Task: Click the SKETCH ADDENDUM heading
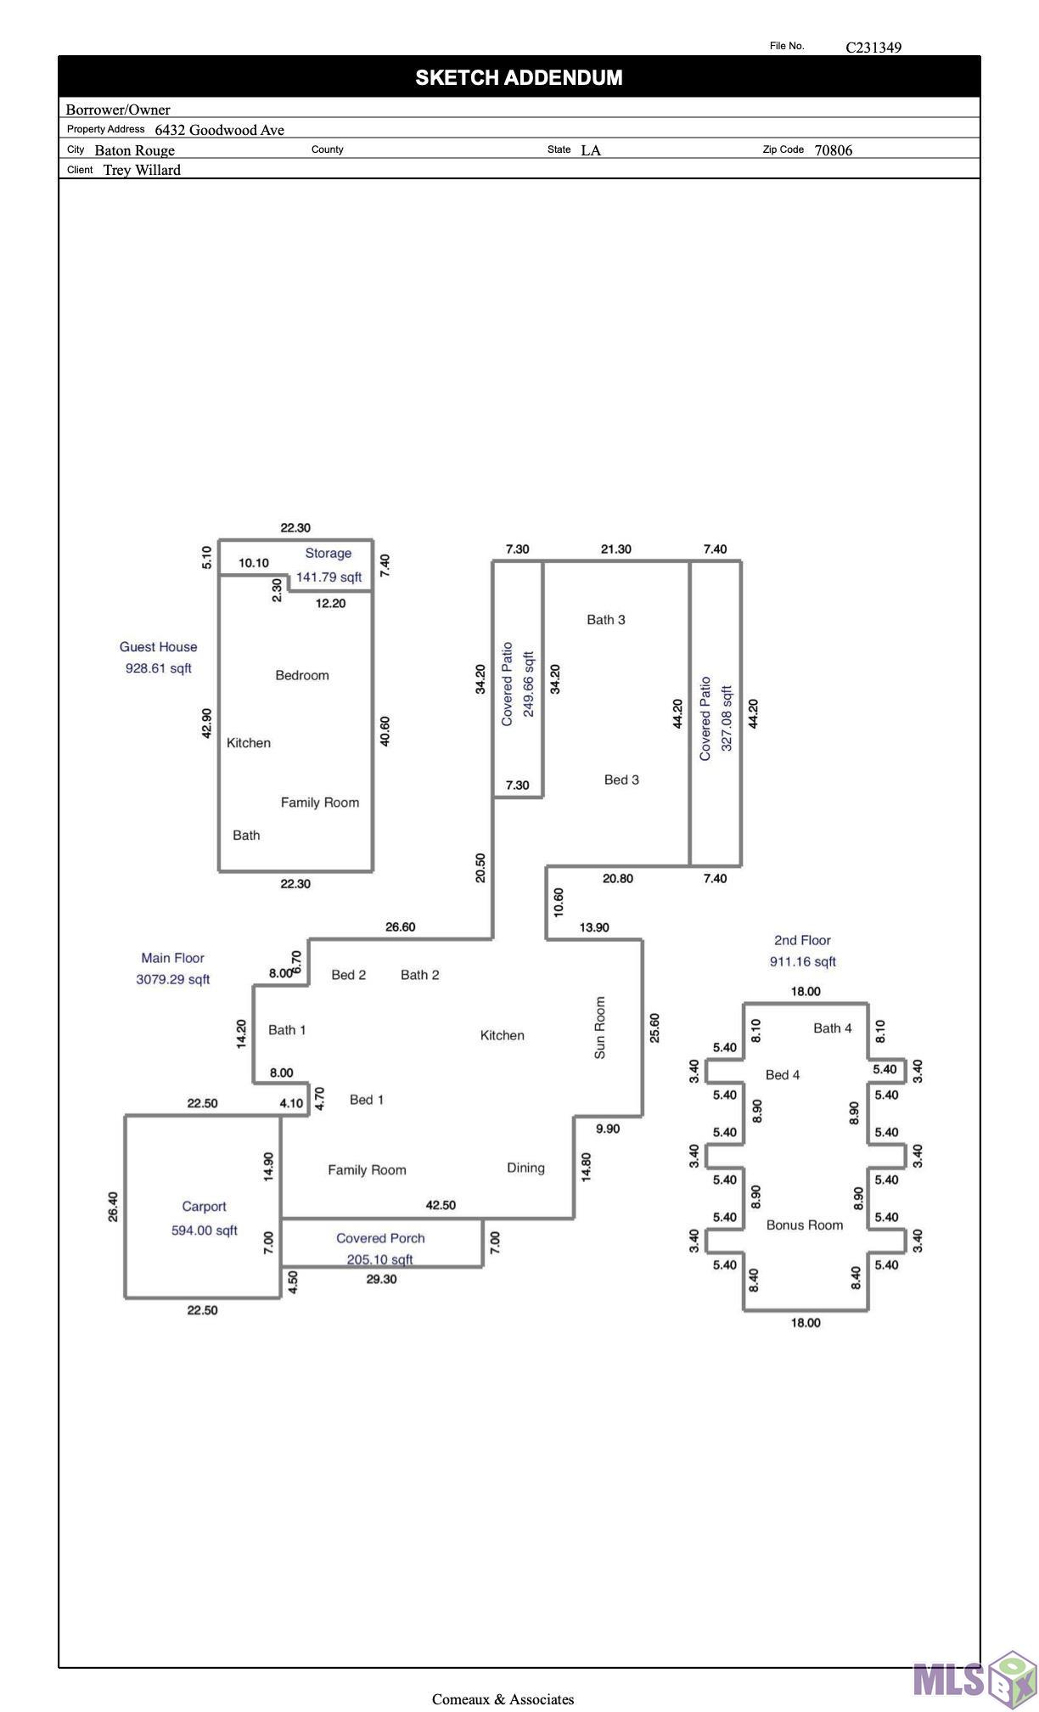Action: click(x=519, y=78)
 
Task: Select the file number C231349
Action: click(x=873, y=48)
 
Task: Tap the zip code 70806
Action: click(x=834, y=150)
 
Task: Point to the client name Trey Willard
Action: click(x=142, y=170)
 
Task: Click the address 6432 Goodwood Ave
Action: click(x=219, y=130)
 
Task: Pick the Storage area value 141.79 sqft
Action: click(x=329, y=577)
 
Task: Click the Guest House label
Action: click(x=158, y=647)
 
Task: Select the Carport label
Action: click(x=204, y=1207)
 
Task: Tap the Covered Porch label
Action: click(x=380, y=1238)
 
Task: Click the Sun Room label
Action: click(x=600, y=1028)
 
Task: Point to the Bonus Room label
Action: click(x=805, y=1225)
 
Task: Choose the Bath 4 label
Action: click(x=833, y=1028)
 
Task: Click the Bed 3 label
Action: click(x=621, y=780)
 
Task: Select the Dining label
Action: click(x=525, y=1169)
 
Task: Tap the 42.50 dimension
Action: click(x=441, y=1205)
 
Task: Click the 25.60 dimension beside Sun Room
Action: click(x=654, y=1028)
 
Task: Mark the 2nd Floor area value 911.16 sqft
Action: click(x=802, y=961)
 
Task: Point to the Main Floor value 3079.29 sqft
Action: click(x=173, y=979)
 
